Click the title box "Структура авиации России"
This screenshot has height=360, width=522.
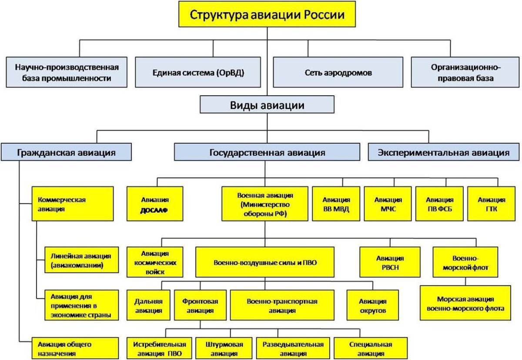point(267,15)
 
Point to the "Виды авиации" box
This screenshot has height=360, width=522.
point(267,105)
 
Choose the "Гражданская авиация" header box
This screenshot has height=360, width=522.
point(66,153)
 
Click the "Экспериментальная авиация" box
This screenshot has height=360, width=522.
point(443,153)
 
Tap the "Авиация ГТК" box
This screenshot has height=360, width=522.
point(492,203)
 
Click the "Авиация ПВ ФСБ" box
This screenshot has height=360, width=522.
point(439,203)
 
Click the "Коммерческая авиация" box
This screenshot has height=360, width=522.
point(73,204)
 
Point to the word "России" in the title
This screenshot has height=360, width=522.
point(324,15)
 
